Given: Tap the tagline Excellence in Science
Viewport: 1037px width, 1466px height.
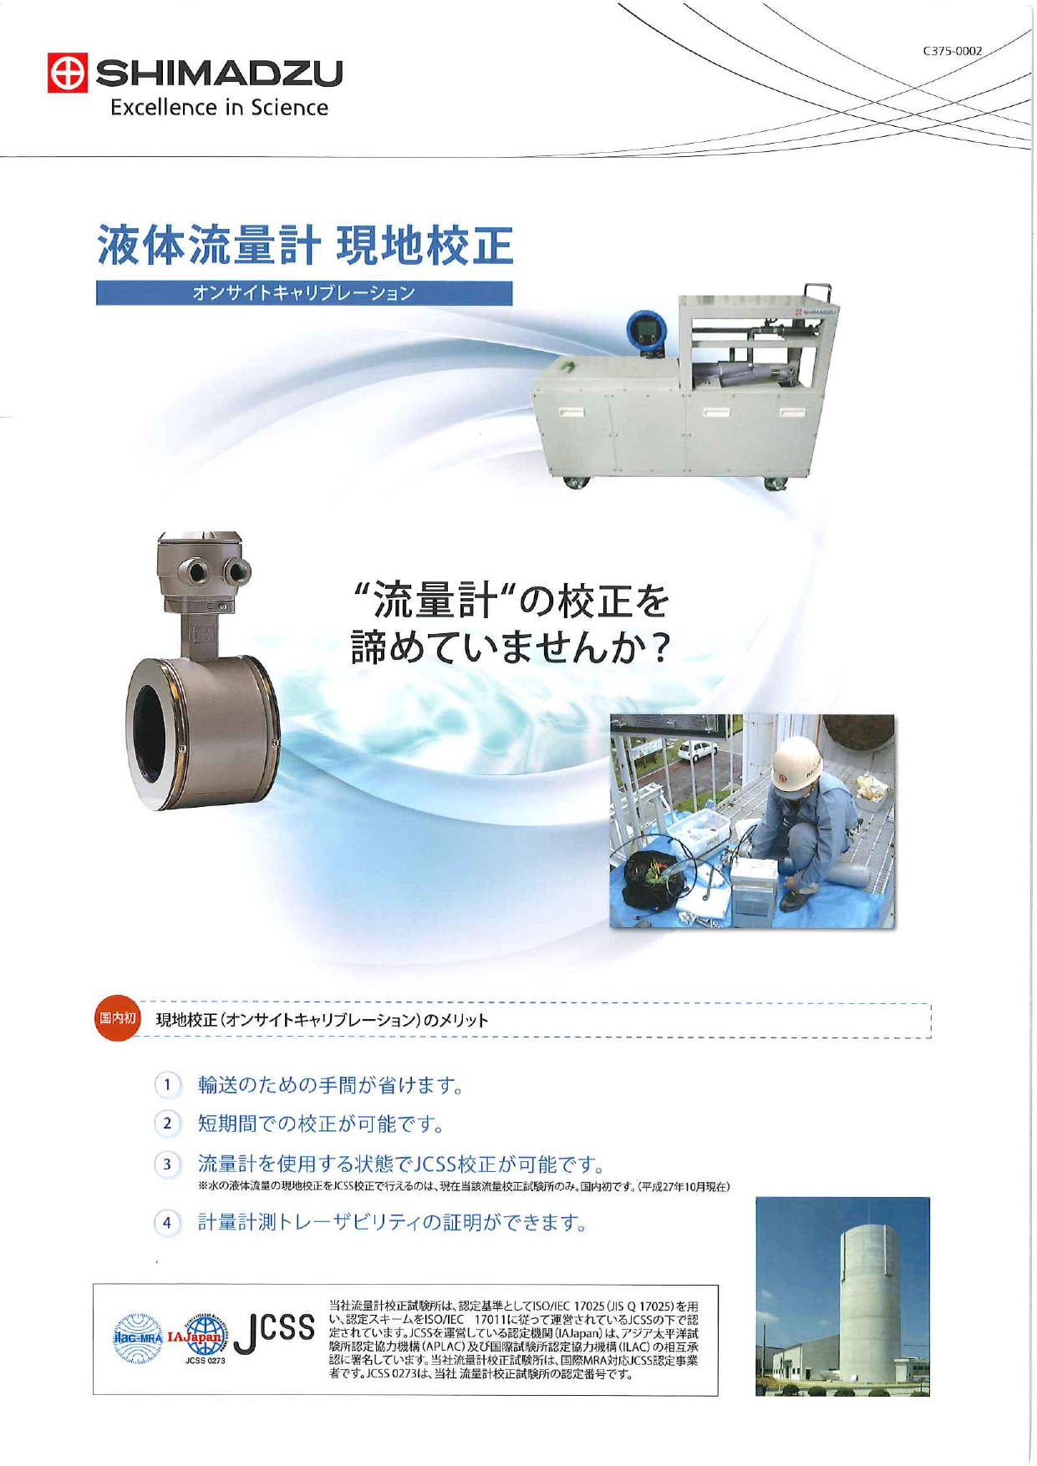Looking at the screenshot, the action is tap(219, 108).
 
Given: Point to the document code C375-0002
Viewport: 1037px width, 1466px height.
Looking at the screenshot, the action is tap(953, 51).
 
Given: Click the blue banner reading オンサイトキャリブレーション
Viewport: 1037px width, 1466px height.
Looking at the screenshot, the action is tap(303, 293).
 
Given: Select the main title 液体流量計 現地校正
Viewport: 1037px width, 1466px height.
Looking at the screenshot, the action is tap(305, 245).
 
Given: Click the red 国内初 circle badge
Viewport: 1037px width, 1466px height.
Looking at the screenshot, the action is tap(116, 1019).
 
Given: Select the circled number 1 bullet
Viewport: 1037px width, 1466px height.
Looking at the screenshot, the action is tap(168, 1085).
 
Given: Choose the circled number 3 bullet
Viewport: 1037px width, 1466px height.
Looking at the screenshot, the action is tap(168, 1164).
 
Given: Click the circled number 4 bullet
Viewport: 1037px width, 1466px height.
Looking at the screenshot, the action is tap(168, 1223).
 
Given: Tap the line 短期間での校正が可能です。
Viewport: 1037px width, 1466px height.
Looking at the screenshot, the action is tap(321, 1124).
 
